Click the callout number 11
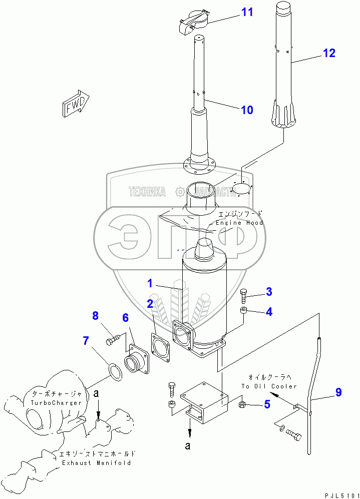pos(247,12)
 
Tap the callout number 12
pos(328,53)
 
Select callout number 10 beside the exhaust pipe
pos(247,110)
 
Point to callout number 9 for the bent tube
pos(338,392)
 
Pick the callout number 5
pos(267,404)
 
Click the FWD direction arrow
pos(76,104)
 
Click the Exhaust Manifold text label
pos(97,463)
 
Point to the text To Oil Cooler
pos(269,386)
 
